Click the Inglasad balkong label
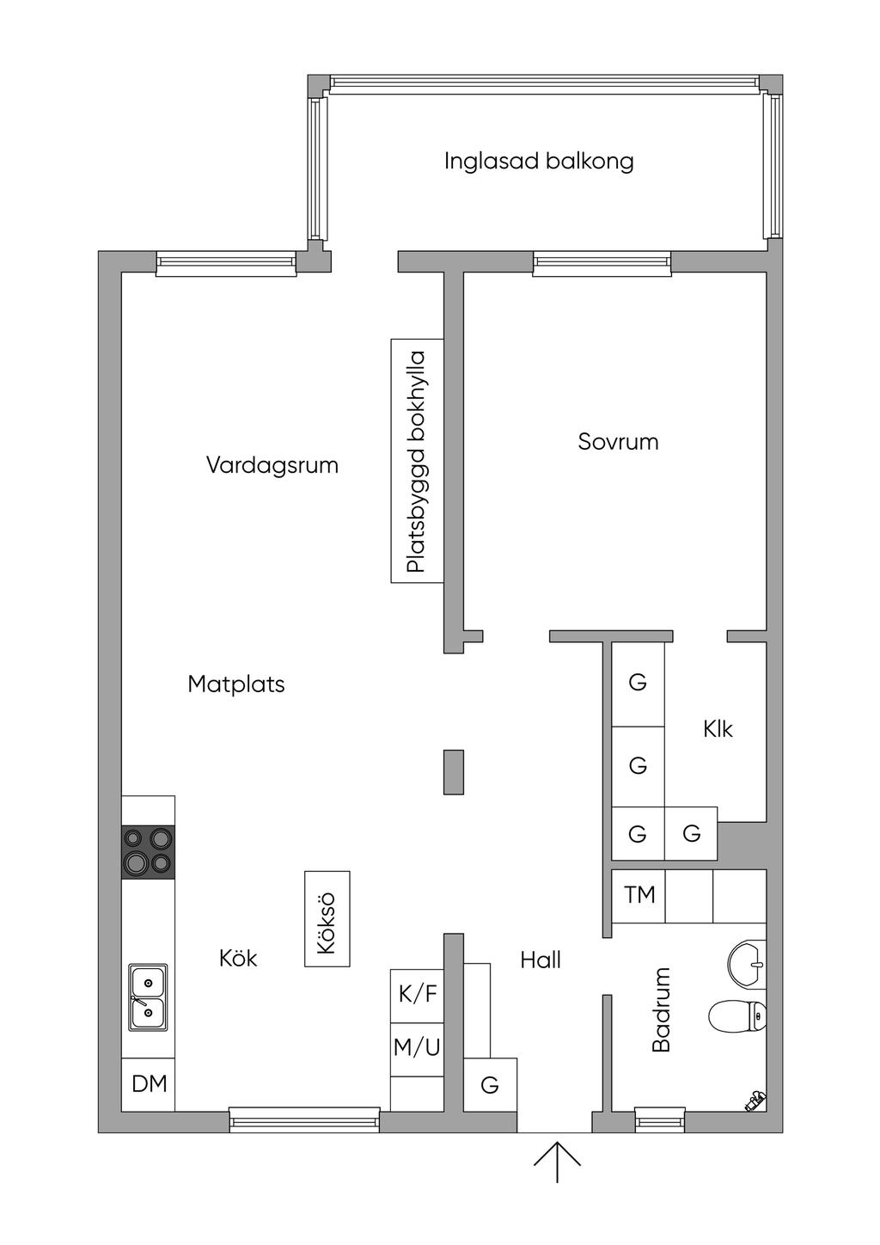tap(538, 161)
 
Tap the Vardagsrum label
tap(272, 464)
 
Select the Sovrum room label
tap(618, 441)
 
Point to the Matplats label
tap(236, 684)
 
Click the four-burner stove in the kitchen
tap(149, 852)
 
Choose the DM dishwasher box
tap(149, 1084)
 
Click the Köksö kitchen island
tap(327, 919)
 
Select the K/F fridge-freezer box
tap(417, 996)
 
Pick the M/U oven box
tap(417, 1049)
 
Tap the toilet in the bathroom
tap(738, 1016)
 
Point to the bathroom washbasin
tap(747, 965)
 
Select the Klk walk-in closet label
tap(718, 728)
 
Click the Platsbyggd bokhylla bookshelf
tap(417, 461)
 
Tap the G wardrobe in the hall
tap(490, 1084)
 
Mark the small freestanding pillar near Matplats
tap(454, 772)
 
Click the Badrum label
tap(661, 1009)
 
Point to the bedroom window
tap(602, 263)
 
